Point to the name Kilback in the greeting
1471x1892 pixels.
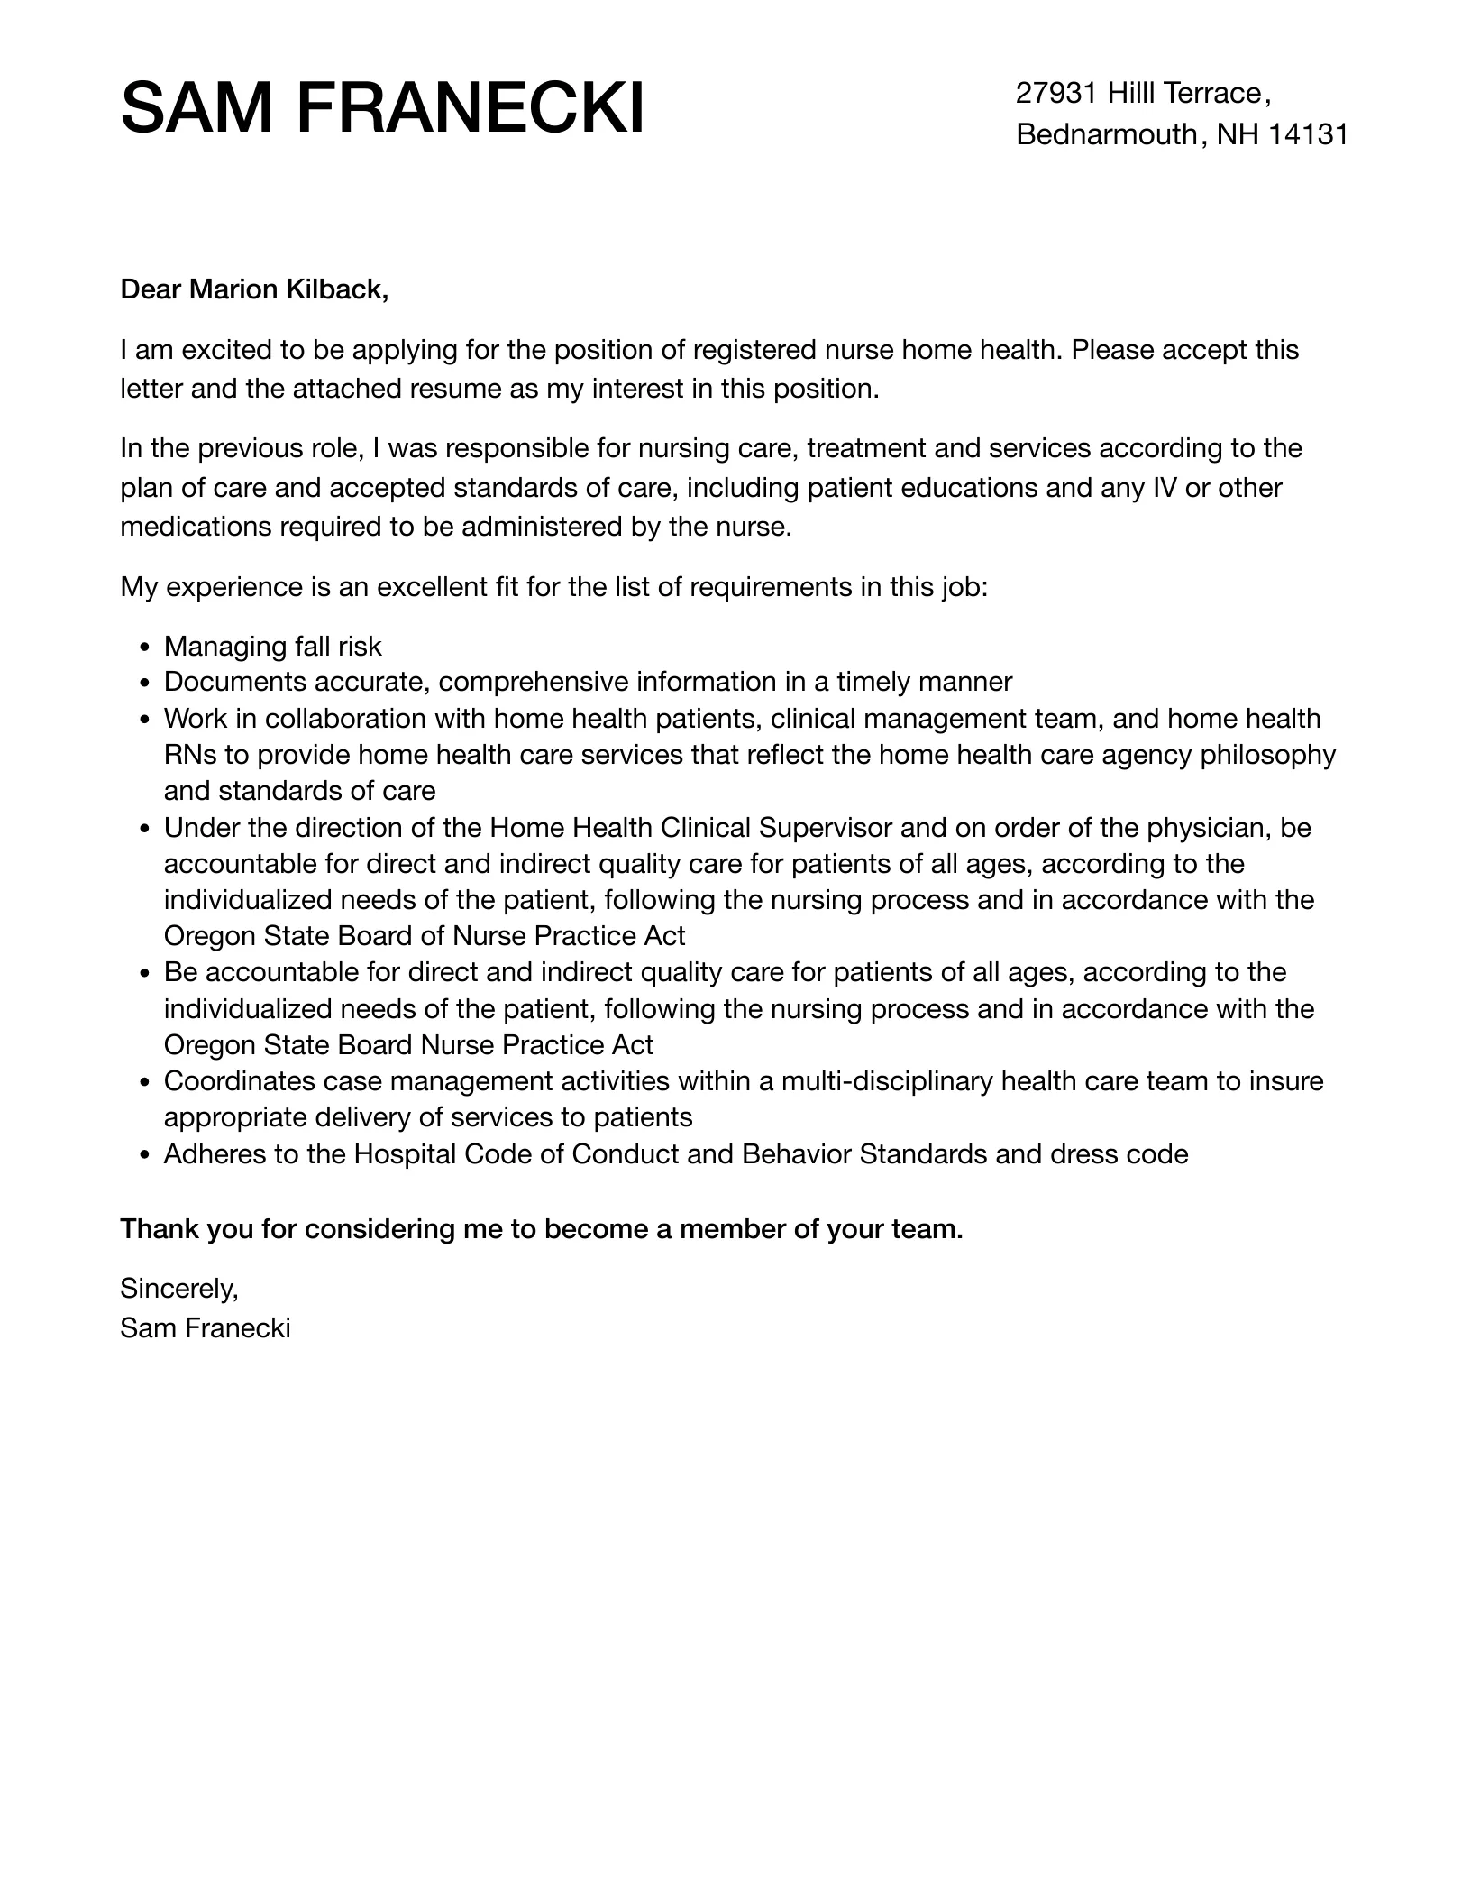tap(337, 289)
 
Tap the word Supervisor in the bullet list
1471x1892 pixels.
tap(826, 827)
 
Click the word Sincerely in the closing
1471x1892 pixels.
tap(178, 1289)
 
